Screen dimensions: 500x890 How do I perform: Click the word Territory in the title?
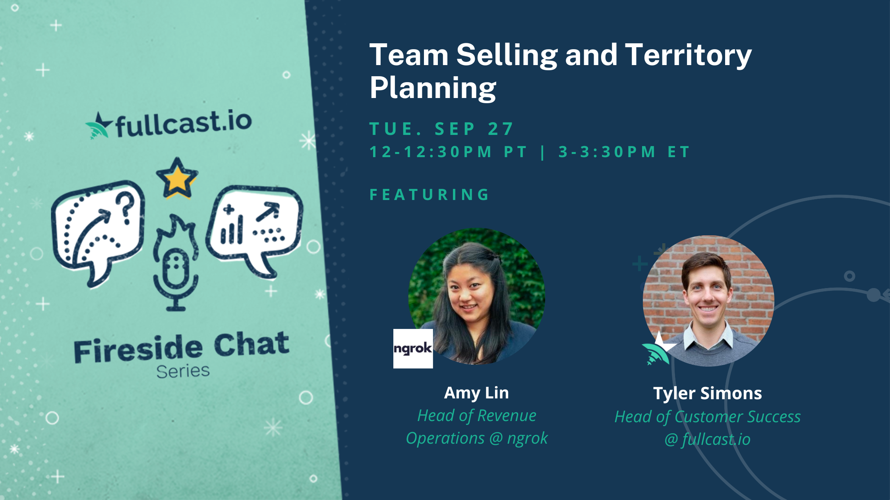click(688, 56)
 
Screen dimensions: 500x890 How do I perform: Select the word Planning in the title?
click(433, 88)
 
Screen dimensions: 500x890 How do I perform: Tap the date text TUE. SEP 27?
click(442, 129)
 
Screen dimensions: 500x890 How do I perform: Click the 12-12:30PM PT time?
click(449, 152)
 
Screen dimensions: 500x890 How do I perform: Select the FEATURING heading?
click(430, 195)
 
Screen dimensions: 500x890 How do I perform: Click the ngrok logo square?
click(413, 349)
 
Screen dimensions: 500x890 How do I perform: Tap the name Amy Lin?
click(476, 393)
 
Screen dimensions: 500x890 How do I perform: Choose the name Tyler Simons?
click(707, 393)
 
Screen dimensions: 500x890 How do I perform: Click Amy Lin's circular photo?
click(477, 296)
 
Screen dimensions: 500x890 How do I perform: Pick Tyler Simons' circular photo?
click(708, 300)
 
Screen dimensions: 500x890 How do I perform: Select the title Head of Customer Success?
click(707, 417)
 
